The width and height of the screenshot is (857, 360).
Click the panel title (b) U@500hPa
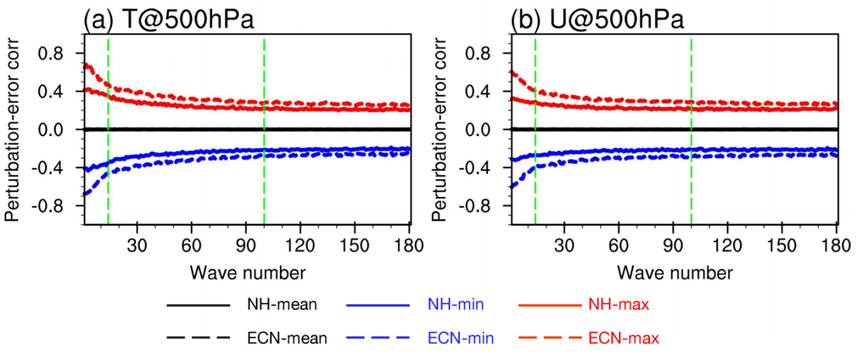pyautogui.click(x=598, y=19)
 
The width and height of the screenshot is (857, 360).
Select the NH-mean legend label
pyautogui.click(x=281, y=305)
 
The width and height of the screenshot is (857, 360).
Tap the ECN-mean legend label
pyautogui.click(x=286, y=339)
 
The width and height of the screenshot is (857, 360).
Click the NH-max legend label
pyautogui.click(x=619, y=305)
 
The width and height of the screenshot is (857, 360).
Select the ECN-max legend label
pyautogui.click(x=624, y=339)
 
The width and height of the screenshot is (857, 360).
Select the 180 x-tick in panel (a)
pyautogui.click(x=410, y=246)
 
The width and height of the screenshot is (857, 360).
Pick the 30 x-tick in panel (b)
pyautogui.click(x=564, y=246)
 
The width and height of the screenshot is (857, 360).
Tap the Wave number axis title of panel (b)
pyautogui.click(x=674, y=272)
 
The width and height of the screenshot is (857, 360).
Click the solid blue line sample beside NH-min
pyautogui.click(x=379, y=305)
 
